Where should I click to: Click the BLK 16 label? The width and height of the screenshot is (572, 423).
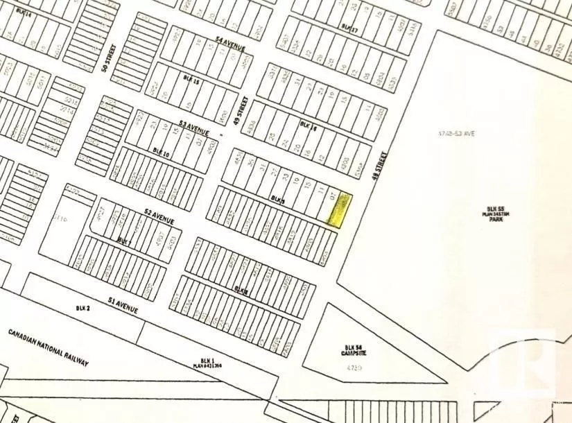tap(308, 124)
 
